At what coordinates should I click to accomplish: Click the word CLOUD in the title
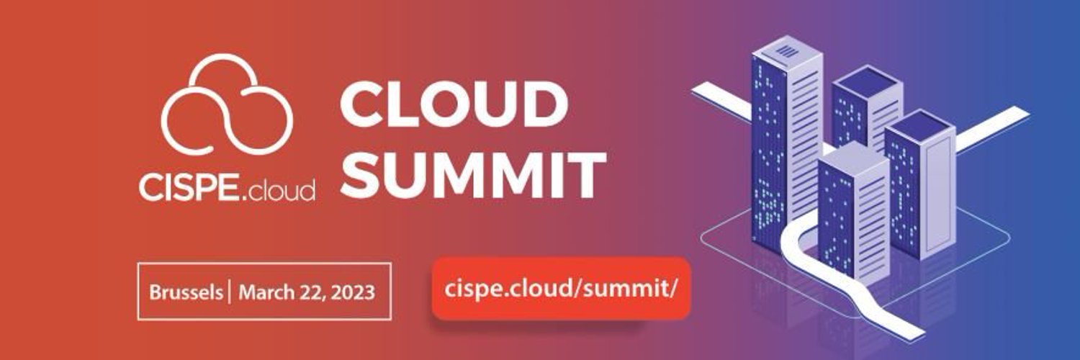[454, 104]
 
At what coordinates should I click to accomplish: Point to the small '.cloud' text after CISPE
[276, 190]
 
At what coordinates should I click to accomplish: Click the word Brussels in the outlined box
[186, 292]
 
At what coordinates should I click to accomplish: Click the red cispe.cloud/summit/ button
[561, 289]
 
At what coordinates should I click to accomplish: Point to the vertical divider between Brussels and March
[230, 292]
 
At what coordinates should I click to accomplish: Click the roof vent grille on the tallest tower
[788, 51]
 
